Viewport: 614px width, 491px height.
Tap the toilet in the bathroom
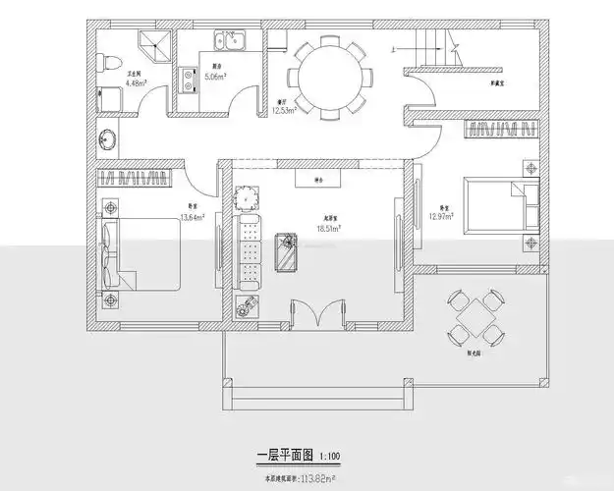[109, 94]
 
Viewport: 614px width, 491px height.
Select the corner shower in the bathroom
[151, 45]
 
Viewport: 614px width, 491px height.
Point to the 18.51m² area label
[328, 228]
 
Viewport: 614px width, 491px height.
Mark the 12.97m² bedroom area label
[439, 216]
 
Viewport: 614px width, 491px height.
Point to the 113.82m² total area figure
[316, 480]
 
